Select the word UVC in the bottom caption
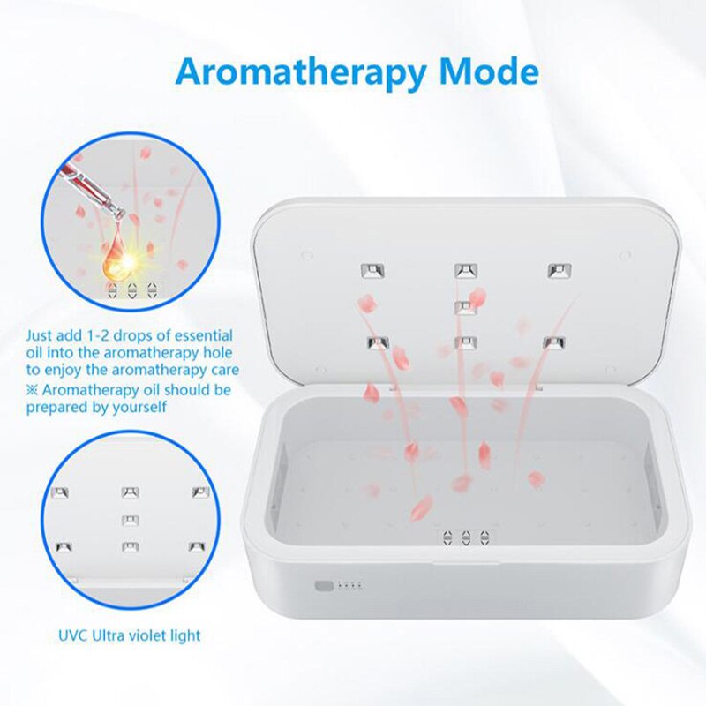point(73,635)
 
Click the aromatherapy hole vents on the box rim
point(464,537)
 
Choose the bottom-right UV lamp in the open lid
point(552,342)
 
